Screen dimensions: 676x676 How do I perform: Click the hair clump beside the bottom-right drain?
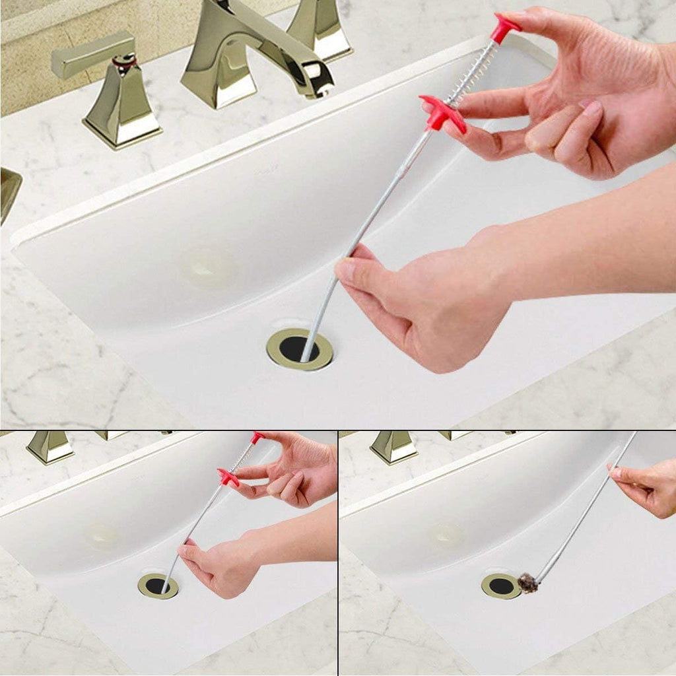click(x=527, y=582)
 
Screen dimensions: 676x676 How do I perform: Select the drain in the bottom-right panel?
click(x=501, y=586)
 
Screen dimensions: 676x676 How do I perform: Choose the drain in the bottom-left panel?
click(x=158, y=586)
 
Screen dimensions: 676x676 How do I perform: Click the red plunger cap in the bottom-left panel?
click(x=257, y=437)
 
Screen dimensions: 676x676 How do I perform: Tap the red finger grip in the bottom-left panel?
click(x=228, y=477)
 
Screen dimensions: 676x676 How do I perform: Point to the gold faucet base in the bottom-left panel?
click(x=50, y=447)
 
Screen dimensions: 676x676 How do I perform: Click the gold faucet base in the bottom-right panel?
click(x=393, y=447)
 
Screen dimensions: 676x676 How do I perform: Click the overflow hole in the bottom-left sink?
click(x=103, y=535)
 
